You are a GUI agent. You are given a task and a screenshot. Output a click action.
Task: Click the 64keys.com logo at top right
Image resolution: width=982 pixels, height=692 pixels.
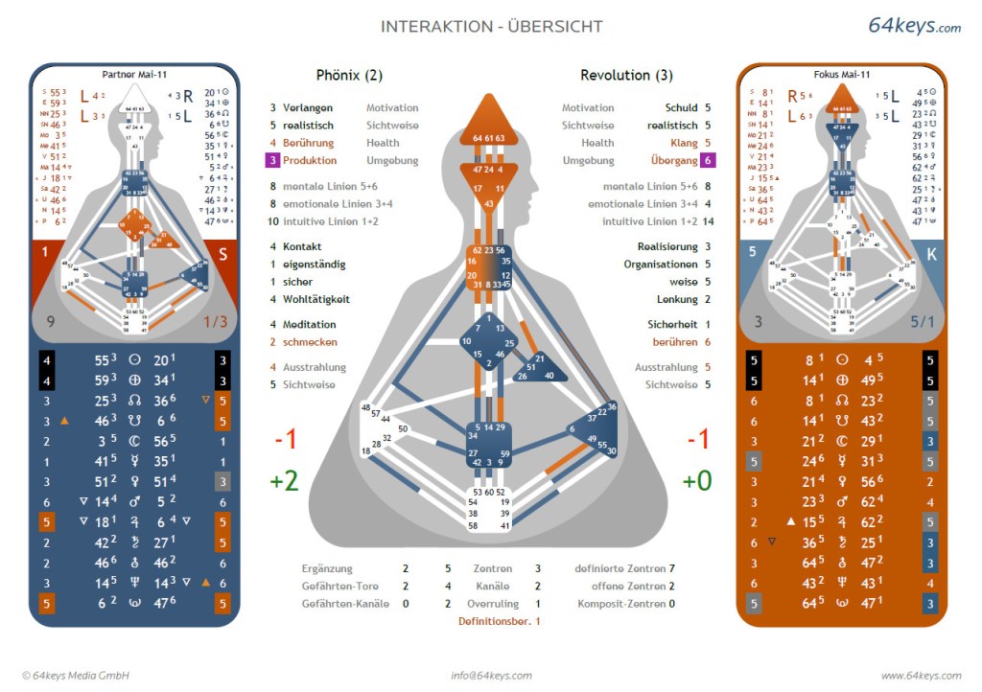(x=914, y=26)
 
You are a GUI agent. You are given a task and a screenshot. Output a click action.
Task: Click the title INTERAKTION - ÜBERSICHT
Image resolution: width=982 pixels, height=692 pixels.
(x=492, y=27)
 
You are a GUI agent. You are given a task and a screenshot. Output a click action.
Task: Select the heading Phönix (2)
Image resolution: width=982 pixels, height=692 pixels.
(x=349, y=75)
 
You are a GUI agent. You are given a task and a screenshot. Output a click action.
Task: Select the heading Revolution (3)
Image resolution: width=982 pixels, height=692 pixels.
(x=626, y=75)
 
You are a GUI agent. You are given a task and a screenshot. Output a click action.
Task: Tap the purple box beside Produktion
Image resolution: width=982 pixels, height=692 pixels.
(x=272, y=160)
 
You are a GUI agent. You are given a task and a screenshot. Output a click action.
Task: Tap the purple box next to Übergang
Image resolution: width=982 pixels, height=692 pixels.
(x=708, y=160)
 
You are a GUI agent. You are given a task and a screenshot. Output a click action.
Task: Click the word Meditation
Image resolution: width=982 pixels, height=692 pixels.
(x=309, y=325)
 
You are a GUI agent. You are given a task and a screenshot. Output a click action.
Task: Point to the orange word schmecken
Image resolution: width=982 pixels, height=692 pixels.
(x=310, y=342)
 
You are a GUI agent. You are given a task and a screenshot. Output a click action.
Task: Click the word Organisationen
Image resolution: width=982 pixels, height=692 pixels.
(x=661, y=265)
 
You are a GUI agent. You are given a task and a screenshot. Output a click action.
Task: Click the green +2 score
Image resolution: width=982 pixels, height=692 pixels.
(x=285, y=480)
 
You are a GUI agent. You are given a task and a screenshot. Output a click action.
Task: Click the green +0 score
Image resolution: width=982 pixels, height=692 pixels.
(x=696, y=480)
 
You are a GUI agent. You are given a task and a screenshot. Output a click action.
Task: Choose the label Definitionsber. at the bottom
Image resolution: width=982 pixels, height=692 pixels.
(x=494, y=621)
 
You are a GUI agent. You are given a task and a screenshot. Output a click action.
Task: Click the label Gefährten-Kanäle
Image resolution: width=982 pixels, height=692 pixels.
(x=340, y=604)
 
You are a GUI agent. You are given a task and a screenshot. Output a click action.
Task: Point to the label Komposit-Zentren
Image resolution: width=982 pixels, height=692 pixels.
(x=621, y=604)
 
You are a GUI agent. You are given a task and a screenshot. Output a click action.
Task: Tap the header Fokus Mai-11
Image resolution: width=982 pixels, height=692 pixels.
(x=841, y=75)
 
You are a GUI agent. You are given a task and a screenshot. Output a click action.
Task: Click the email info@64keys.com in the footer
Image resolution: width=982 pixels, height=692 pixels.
(x=491, y=676)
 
